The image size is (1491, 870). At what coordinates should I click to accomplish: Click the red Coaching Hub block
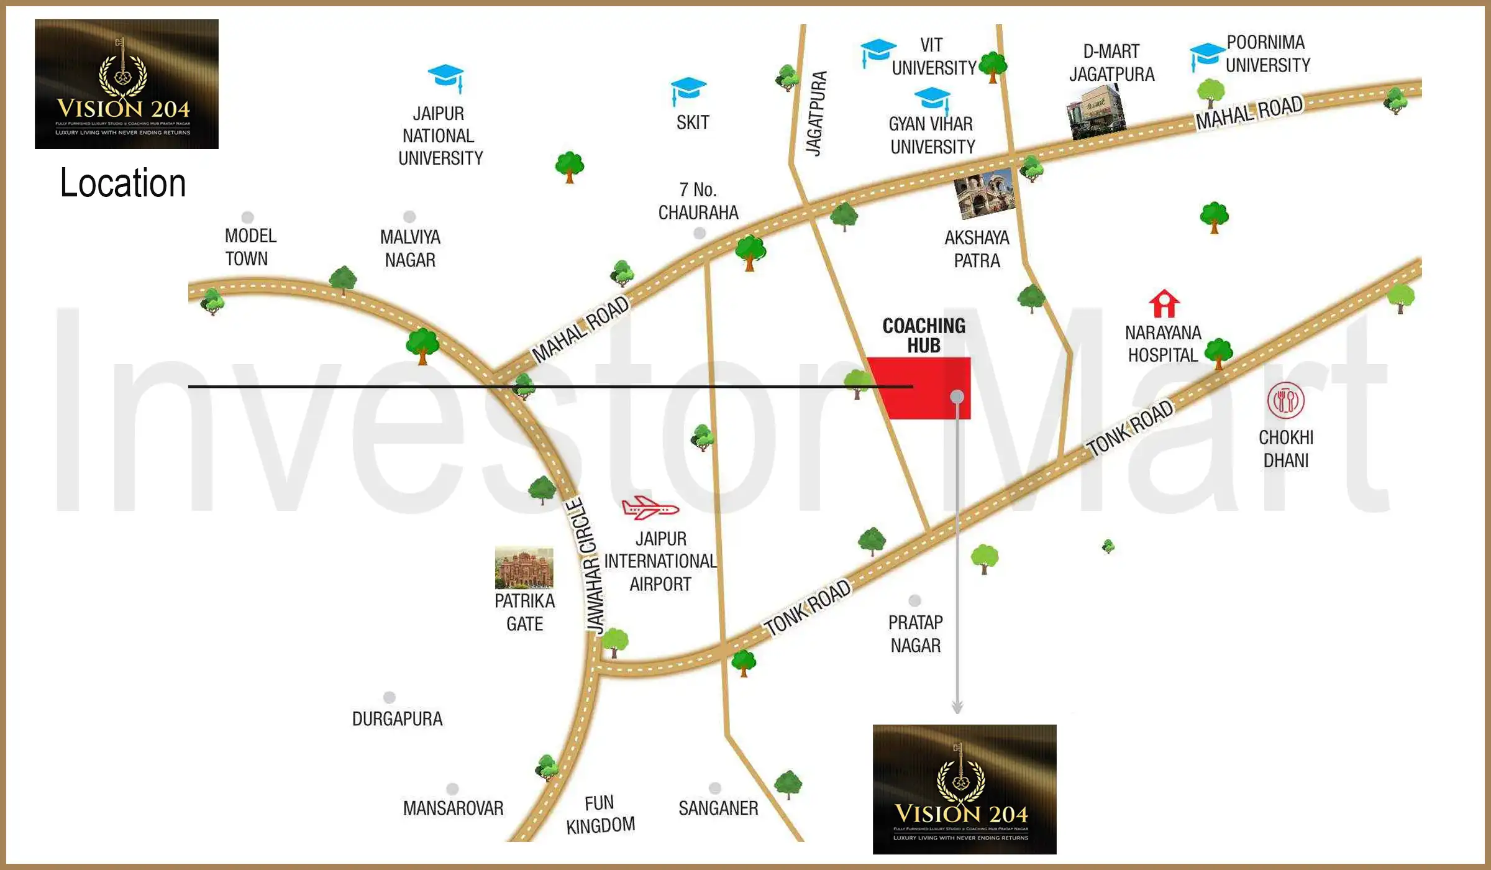[919, 388]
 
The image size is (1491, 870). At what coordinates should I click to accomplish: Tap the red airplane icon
[649, 508]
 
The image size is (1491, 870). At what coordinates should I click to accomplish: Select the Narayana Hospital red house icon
[1164, 304]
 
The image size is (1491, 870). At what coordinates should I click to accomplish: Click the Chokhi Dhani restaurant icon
[1285, 400]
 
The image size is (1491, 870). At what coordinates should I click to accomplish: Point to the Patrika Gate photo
[524, 568]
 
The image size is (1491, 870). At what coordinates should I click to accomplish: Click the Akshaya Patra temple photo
[984, 195]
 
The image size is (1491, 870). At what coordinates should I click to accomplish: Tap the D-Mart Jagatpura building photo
[1096, 112]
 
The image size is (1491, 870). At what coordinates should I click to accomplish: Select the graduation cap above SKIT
[688, 90]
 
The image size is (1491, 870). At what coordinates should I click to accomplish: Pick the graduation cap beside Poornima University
[1206, 55]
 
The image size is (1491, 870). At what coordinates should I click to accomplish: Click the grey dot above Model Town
[248, 217]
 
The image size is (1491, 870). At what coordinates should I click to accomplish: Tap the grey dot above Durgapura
[390, 697]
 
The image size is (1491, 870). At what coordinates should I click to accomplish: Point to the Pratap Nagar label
[915, 634]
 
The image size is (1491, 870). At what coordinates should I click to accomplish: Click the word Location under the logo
[123, 183]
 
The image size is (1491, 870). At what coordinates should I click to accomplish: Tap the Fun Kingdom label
[600, 814]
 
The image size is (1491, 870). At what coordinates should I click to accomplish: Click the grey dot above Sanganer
[715, 788]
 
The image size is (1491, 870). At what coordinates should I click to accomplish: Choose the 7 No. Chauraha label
[698, 201]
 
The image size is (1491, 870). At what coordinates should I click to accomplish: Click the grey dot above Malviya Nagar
[409, 216]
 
